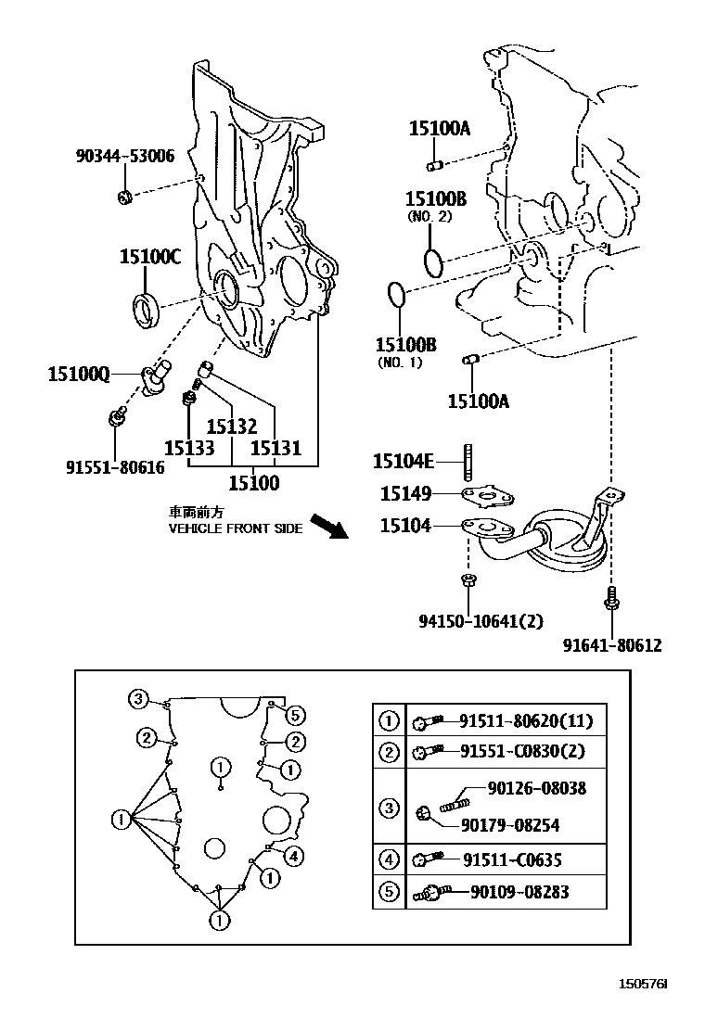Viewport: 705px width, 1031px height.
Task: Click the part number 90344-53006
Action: tap(124, 157)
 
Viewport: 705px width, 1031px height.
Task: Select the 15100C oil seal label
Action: tap(149, 257)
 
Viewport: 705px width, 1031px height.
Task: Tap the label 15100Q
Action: tap(79, 375)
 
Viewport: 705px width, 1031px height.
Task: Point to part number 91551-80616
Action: tap(114, 468)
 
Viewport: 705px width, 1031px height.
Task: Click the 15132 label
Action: tap(231, 426)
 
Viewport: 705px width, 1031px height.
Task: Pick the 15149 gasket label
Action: tap(405, 493)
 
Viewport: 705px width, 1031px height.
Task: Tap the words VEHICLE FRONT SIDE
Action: tap(235, 528)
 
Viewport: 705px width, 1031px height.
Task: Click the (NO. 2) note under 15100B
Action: tap(429, 216)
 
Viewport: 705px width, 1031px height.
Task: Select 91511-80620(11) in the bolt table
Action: tap(526, 720)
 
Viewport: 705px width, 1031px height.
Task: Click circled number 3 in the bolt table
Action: tap(389, 808)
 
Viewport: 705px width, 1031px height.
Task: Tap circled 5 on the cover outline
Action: tap(294, 714)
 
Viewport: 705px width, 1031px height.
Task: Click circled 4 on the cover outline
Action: tap(293, 855)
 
